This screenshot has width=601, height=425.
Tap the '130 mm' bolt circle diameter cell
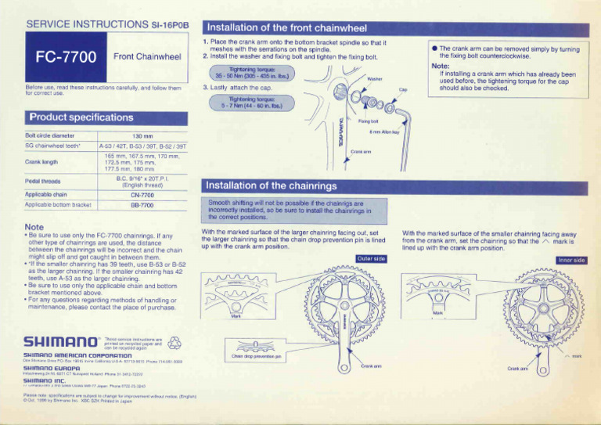point(142,135)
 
